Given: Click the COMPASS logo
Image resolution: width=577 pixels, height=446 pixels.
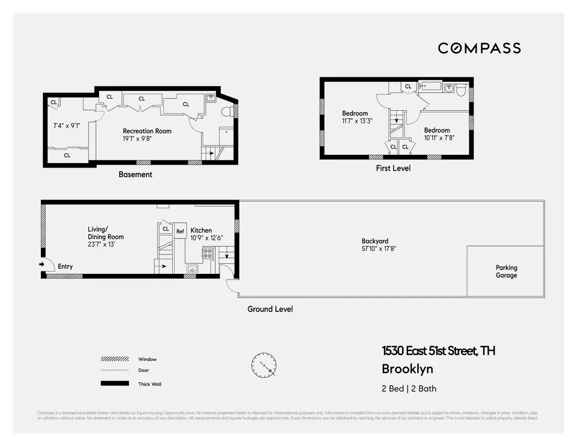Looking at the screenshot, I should click(x=479, y=48).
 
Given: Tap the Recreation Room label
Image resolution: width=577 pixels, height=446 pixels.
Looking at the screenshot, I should click(x=147, y=131).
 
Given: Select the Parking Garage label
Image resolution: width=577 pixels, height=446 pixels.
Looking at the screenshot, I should click(x=506, y=271).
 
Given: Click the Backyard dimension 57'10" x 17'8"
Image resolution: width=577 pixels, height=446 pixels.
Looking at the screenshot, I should click(x=375, y=249).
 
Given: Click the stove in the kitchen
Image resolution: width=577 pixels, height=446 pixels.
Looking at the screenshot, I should click(x=208, y=253).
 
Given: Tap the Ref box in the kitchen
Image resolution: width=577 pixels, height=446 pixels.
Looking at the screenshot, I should click(x=180, y=231).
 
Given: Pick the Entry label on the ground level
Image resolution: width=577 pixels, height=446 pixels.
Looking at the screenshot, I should click(x=65, y=266).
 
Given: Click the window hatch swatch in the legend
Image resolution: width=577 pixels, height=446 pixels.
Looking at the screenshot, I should click(x=114, y=359).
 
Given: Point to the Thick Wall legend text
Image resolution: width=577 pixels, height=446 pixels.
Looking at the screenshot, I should click(x=150, y=384).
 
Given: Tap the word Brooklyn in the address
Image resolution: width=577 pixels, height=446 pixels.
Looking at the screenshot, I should click(x=407, y=369).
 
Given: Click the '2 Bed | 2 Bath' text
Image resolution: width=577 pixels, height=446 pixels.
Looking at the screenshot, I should click(x=409, y=389).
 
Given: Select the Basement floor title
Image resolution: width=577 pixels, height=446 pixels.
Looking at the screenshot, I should click(x=135, y=175).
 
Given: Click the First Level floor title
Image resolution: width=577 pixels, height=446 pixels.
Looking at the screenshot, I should click(x=393, y=168).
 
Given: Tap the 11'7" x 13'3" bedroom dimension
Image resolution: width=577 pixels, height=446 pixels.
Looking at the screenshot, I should click(x=357, y=121).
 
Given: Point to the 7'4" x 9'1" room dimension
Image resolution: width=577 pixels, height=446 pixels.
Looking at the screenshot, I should click(x=66, y=126).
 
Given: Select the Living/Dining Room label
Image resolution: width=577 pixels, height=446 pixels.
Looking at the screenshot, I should click(x=105, y=233).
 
